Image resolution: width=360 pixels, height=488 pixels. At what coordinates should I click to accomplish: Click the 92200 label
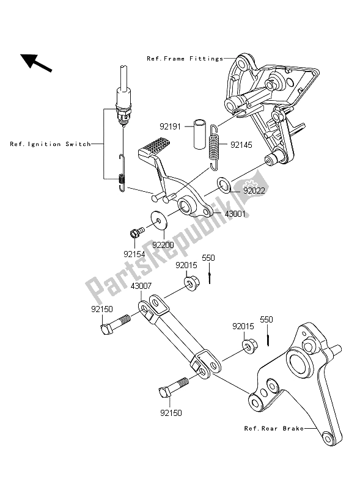(x=163, y=244)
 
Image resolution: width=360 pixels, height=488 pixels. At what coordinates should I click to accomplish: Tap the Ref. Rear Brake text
(x=275, y=430)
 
